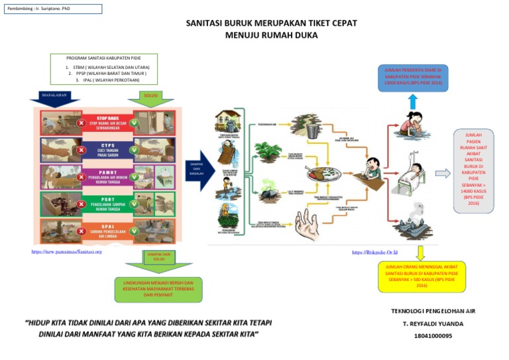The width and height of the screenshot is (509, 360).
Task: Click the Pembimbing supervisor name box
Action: point(52,9)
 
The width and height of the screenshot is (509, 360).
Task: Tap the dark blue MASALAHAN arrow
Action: point(55,97)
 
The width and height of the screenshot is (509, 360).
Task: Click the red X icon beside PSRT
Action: point(81,204)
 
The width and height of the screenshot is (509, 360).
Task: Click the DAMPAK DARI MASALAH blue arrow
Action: point(197,171)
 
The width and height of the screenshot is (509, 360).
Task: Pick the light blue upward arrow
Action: point(413,101)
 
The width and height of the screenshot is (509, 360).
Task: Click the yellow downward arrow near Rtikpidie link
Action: point(420,252)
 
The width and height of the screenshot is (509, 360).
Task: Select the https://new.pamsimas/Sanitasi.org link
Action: point(66,252)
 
